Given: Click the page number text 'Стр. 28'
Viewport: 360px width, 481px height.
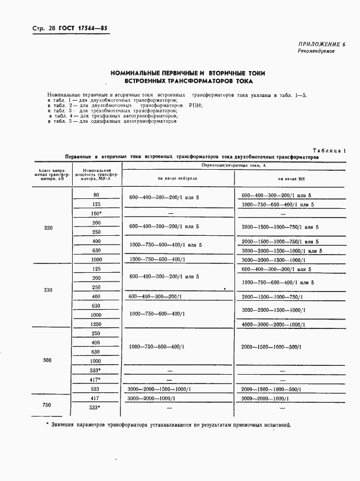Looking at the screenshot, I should pos(36,28).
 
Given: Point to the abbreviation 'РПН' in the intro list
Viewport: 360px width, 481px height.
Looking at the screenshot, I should pos(195,105).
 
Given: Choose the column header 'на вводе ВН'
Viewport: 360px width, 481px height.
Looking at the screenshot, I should pos(290,179).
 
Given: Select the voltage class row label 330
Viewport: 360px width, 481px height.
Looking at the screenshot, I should pos(48,290).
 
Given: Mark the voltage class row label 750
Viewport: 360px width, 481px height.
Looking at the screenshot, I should pos(47,405).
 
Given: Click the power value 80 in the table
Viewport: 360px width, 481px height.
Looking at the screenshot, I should pos(96,195).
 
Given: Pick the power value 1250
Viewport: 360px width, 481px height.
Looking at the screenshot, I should pos(96,324).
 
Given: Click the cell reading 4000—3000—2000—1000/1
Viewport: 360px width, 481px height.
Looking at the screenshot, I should pos(273,325).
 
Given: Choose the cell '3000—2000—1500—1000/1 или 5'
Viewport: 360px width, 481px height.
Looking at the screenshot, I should pos(281,251).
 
